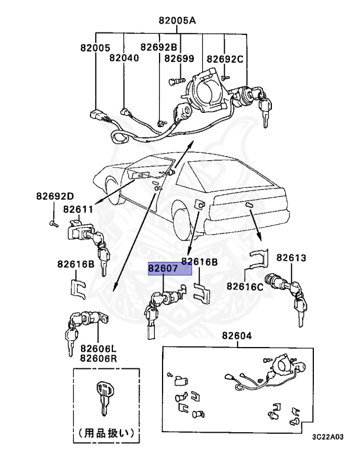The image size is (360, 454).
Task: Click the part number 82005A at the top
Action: click(x=177, y=20)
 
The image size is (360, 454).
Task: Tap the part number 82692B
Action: click(x=158, y=47)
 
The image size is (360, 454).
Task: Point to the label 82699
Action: click(x=179, y=58)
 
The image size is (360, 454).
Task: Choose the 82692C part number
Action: click(x=225, y=59)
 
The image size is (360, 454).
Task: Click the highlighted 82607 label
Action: click(x=170, y=270)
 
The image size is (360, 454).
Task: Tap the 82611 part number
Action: click(x=79, y=209)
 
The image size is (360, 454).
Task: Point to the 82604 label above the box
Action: click(x=237, y=336)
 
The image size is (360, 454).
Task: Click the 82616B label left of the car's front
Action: click(x=76, y=264)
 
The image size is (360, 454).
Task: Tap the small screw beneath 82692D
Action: click(x=52, y=223)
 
